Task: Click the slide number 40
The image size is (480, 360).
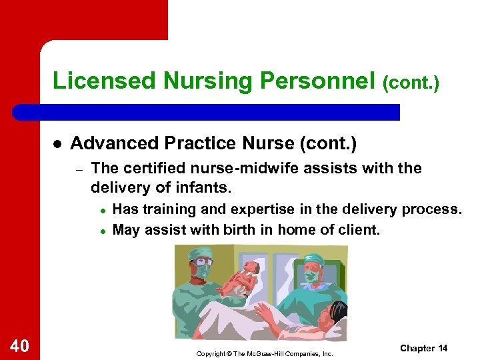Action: tap(19, 345)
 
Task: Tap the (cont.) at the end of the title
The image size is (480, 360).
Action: tap(411, 83)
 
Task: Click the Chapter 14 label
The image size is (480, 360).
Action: tap(423, 348)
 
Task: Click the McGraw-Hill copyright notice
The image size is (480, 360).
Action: tap(264, 353)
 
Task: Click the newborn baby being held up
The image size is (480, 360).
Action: tap(241, 277)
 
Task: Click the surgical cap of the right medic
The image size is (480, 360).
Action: tap(313, 259)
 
